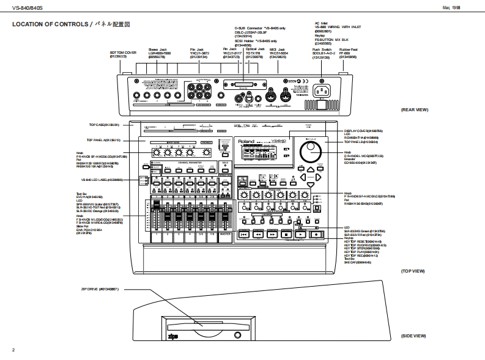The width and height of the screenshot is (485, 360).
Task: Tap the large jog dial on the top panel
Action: click(x=311, y=151)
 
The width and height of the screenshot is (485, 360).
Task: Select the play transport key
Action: click(x=300, y=234)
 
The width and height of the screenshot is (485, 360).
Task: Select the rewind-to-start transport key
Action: click(x=243, y=234)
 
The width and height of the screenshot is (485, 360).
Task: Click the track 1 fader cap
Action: click(x=155, y=205)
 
